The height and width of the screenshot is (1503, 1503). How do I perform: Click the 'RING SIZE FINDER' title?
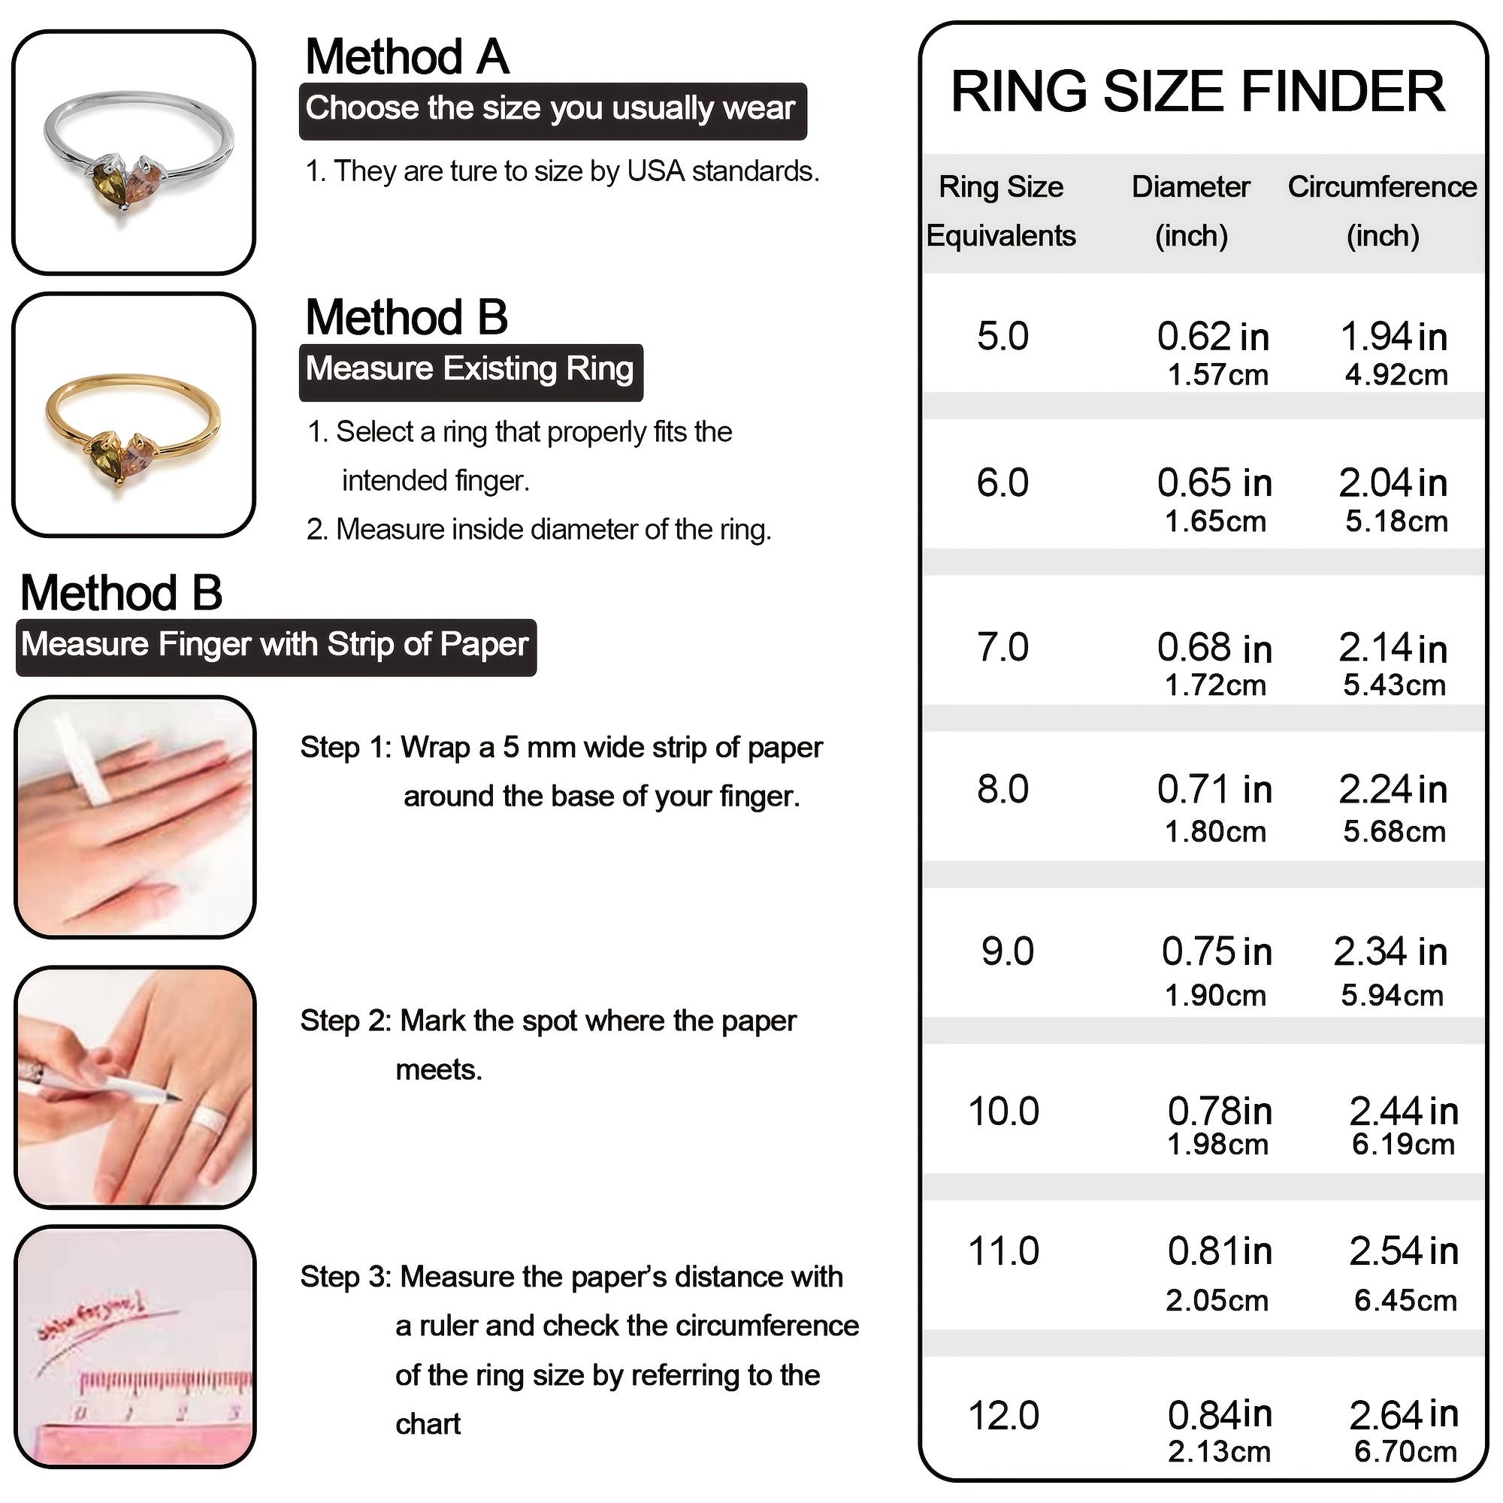pos(1197,92)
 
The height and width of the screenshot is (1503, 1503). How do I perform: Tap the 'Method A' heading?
pos(407,58)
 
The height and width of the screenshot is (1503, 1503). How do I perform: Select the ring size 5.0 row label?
pos(1002,337)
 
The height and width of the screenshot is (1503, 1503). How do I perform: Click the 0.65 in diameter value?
pos(1214,483)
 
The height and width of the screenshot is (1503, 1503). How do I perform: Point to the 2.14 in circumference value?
pos(1392,648)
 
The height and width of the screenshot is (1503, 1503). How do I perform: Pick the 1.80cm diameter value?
pos(1214,832)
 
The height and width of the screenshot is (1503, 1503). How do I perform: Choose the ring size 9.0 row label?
pos(1007,952)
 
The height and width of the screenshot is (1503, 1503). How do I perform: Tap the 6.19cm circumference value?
pos(1402,1145)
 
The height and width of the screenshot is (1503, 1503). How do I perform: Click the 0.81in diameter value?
pos(1219,1251)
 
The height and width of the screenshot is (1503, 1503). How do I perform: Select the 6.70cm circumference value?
pos(1405,1452)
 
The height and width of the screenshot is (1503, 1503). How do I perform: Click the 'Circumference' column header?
pos(1382,187)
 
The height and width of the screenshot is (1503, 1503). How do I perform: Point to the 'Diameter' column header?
pos(1190,187)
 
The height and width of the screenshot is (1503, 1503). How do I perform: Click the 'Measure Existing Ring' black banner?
pos(470,370)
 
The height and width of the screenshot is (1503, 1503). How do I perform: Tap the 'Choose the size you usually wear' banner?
pos(552,110)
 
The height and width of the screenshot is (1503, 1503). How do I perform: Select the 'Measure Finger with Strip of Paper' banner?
pos(275,646)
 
